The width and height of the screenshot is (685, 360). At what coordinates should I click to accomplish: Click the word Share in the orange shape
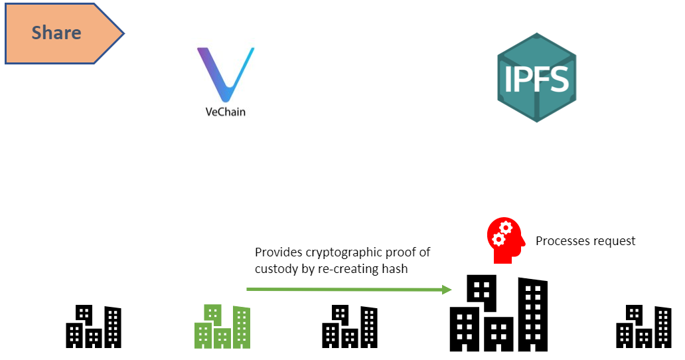(56, 33)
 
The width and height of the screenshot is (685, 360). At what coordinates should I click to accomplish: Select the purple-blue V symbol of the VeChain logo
(225, 73)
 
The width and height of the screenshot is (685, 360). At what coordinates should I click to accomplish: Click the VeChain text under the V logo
(225, 111)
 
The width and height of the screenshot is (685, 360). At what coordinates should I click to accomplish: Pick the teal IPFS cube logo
(536, 78)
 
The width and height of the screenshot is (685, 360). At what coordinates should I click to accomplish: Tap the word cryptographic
(338, 252)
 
